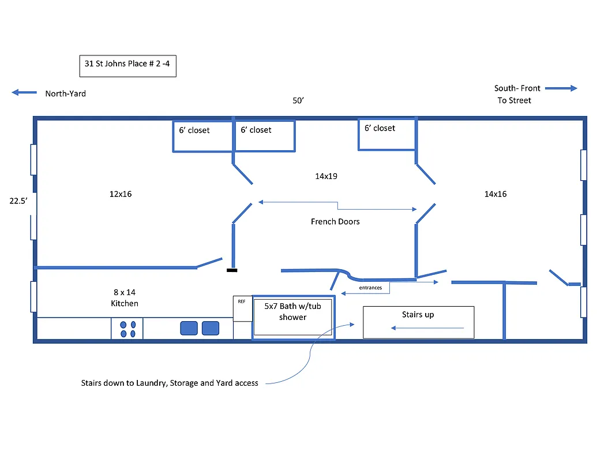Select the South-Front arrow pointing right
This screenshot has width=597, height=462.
[561, 88]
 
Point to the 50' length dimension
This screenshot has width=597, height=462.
[298, 100]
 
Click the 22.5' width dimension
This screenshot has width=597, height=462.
[18, 201]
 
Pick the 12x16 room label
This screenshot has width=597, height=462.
[121, 194]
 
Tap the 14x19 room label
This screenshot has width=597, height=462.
[326, 176]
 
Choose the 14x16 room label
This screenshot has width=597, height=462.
[495, 194]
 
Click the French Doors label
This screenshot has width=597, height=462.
[335, 222]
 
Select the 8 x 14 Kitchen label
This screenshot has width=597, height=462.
[125, 298]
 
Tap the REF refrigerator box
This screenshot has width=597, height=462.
[242, 308]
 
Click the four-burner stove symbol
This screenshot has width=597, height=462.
[127, 329]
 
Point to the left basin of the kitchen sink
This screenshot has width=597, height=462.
[189, 328]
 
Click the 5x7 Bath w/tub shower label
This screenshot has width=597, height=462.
[292, 312]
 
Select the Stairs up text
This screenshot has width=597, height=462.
[418, 315]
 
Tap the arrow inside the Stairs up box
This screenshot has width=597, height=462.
[427, 328]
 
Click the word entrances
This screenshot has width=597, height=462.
[370, 288]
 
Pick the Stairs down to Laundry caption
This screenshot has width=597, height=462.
[170, 383]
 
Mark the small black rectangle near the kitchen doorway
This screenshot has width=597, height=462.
[231, 270]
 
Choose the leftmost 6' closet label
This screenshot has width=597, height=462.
[194, 131]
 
